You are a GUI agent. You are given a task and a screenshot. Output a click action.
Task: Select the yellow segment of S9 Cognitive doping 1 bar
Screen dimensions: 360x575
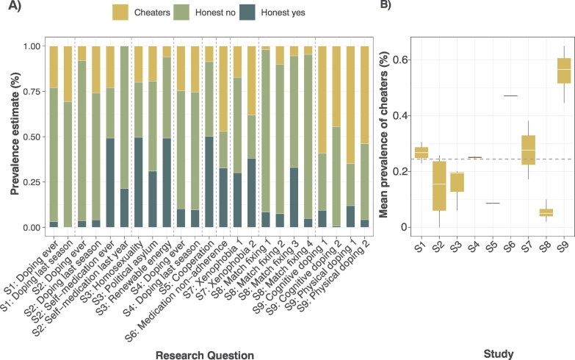coord(322,99)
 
